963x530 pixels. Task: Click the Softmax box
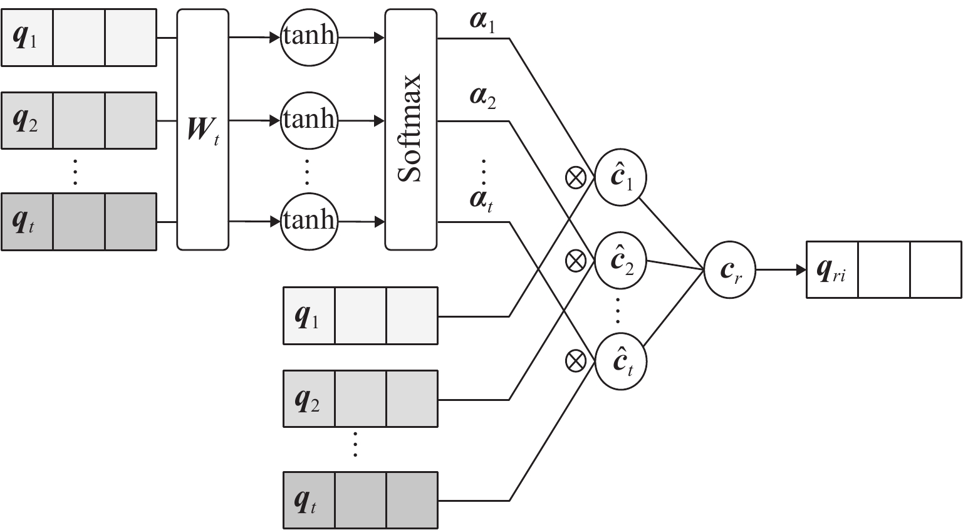[410, 129]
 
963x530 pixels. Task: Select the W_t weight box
[203, 129]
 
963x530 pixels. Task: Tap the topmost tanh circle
[308, 38]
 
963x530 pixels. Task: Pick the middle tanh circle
[308, 120]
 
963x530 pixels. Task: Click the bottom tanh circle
[308, 221]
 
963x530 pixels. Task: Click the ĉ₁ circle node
[621, 178]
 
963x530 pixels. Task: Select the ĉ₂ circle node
[621, 260]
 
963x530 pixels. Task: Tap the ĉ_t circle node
[621, 362]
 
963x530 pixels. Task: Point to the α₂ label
[482, 99]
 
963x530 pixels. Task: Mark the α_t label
[481, 200]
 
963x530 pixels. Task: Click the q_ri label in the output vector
[831, 271]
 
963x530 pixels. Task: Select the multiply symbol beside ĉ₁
[576, 178]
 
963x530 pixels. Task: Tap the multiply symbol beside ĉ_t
[576, 361]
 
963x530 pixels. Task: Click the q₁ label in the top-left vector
[26, 38]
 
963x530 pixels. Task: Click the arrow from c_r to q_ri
[780, 271]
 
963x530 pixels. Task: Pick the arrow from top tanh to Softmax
[361, 38]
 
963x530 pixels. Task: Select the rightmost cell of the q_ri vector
[935, 271]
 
